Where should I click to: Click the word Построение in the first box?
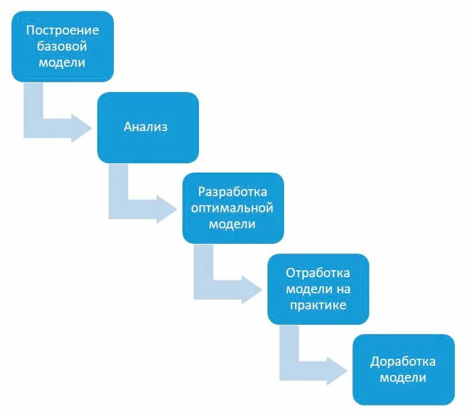tap(62, 30)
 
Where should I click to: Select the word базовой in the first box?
tap(62, 47)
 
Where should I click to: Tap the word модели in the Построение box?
tap(62, 62)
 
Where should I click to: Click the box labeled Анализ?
tap(147, 127)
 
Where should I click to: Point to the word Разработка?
tap(232, 192)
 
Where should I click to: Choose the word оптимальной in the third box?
tap(232, 208)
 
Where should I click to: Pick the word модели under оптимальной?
tap(232, 224)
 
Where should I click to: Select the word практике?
tap(317, 305)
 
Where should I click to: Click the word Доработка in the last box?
tap(403, 362)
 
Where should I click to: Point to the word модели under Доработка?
tap(403, 378)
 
